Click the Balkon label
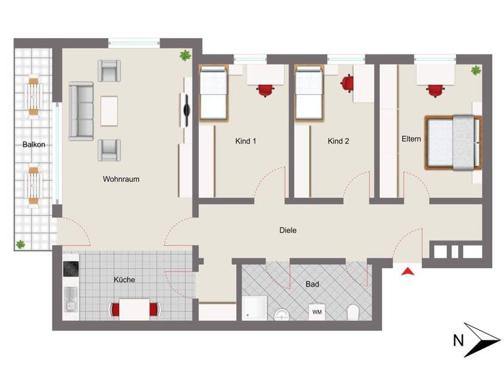tap(33, 144)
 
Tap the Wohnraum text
tap(121, 179)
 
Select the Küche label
tap(124, 279)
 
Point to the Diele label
tap(287, 230)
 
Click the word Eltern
tap(411, 139)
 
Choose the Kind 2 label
tap(339, 141)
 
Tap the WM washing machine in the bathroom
tap(317, 311)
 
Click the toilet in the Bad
tap(353, 312)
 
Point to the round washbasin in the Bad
tap(282, 314)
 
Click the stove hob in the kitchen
tap(71, 269)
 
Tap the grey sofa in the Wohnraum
tap(81, 110)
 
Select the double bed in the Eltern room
tap(453, 142)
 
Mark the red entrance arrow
tap(408, 271)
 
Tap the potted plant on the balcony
tap(21, 243)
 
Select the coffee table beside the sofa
tap(110, 110)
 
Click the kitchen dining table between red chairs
tap(135, 309)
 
